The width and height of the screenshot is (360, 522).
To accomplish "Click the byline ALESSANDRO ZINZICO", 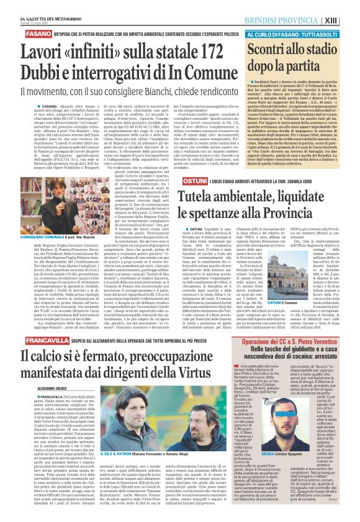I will (x=25, y=394).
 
